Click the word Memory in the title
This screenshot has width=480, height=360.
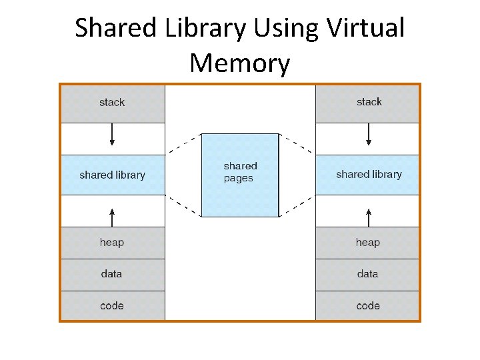pyautogui.click(x=240, y=63)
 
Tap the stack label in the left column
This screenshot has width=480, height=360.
pyautogui.click(x=112, y=102)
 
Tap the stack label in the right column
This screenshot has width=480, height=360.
pyautogui.click(x=369, y=102)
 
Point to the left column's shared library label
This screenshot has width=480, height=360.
pyautogui.click(x=112, y=175)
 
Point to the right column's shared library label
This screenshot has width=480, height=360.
pyautogui.click(x=369, y=174)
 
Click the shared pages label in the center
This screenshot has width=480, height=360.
pyautogui.click(x=240, y=172)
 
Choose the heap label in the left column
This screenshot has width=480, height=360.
pyautogui.click(x=112, y=242)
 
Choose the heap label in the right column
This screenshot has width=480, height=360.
pyautogui.click(x=368, y=242)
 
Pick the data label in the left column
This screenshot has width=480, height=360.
pyautogui.click(x=112, y=273)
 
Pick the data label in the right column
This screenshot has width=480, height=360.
pyautogui.click(x=368, y=273)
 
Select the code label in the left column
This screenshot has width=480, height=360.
pyautogui.click(x=112, y=305)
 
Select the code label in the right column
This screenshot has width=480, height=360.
pyautogui.click(x=368, y=305)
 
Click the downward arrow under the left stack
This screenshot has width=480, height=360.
pyautogui.click(x=112, y=136)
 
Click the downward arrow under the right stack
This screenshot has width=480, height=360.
pyautogui.click(x=368, y=136)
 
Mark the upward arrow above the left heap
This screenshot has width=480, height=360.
pyautogui.click(x=112, y=216)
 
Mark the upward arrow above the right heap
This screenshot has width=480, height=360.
pyautogui.click(x=368, y=216)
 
